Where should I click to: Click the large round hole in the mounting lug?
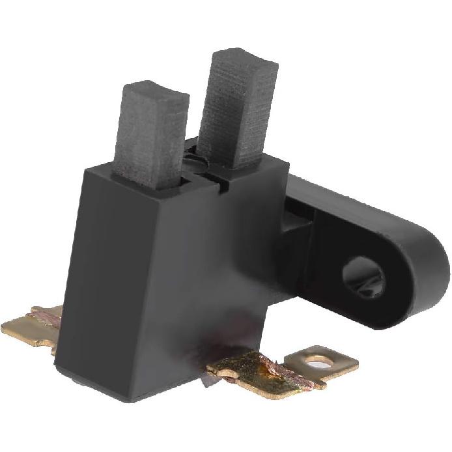click(x=363, y=276)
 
